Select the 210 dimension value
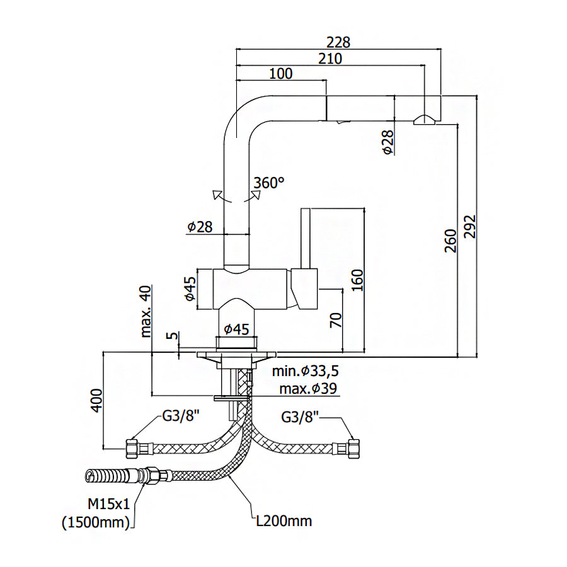329,59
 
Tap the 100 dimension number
280,74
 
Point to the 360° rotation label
269,183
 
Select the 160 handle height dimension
358,280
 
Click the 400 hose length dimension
96,399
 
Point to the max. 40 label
146,312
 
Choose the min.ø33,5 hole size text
309,370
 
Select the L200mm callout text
283,521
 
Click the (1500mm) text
96,522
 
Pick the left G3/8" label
181,416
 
